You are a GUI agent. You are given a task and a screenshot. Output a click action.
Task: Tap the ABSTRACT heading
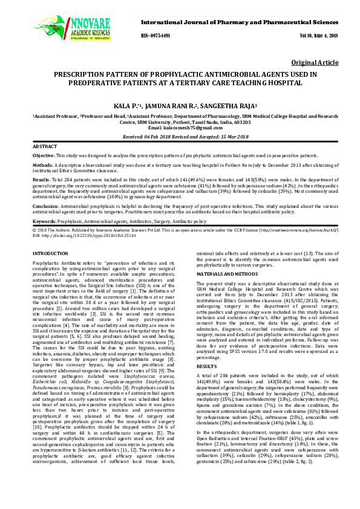45,147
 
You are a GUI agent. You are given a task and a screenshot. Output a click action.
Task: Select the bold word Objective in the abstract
43,155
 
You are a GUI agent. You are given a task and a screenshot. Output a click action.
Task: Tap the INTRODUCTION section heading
50,253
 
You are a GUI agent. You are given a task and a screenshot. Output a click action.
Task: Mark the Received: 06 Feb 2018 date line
180,137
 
